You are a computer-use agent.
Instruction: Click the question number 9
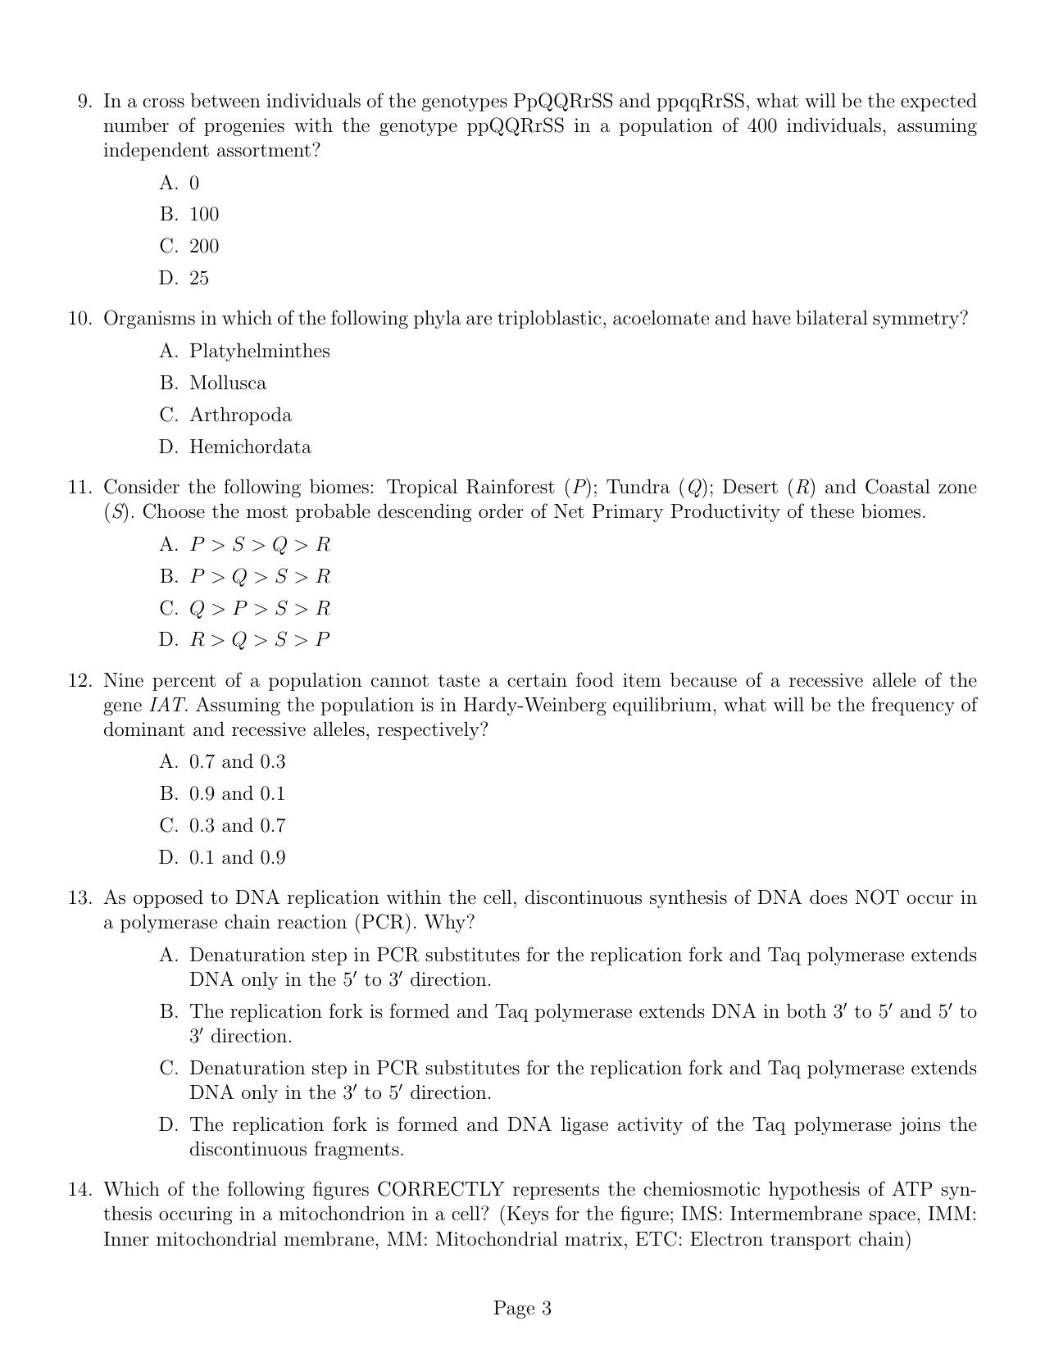(85, 102)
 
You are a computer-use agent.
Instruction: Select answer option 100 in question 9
(204, 215)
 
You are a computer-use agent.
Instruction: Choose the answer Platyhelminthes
(259, 352)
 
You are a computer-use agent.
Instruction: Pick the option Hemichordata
(250, 447)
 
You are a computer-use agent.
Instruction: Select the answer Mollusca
(227, 384)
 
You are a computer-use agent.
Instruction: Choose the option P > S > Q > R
(260, 545)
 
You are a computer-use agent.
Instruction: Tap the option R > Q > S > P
(260, 640)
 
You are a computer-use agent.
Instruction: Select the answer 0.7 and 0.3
(237, 762)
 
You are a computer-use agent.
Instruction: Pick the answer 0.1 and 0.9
(237, 858)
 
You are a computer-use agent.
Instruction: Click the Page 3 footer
(522, 1309)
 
